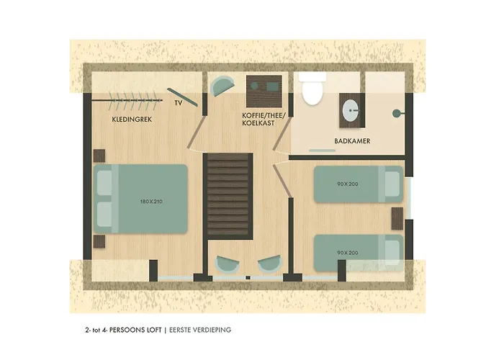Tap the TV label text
click(x=178, y=103)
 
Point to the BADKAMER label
click(x=352, y=141)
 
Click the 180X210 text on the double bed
click(x=152, y=202)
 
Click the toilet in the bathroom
click(x=311, y=90)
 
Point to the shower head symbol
click(x=395, y=114)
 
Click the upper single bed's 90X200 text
click(x=347, y=185)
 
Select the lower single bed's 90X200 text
click(x=347, y=252)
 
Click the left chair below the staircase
click(x=226, y=264)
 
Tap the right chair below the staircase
click(x=269, y=264)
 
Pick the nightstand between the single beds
click(x=397, y=217)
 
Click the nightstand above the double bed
click(x=100, y=156)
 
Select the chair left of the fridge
click(x=220, y=86)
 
